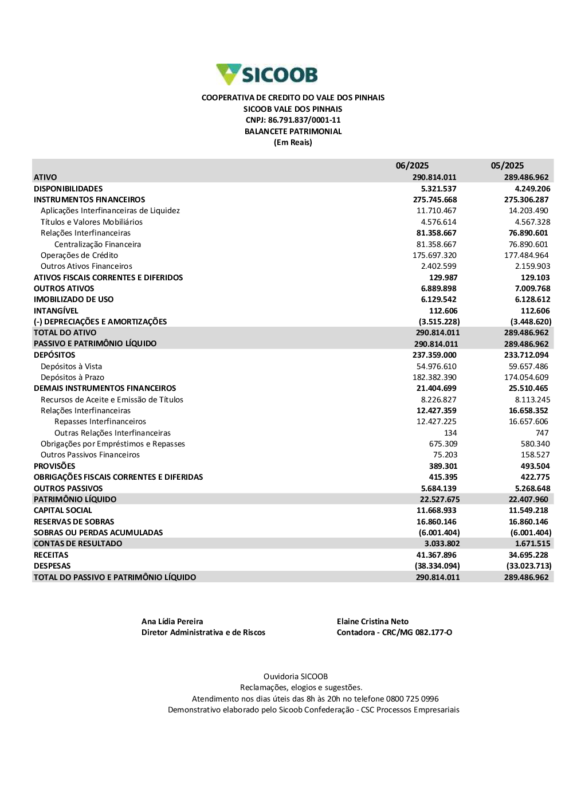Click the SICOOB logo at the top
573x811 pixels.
[x=267, y=75]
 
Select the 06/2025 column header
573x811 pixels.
[x=412, y=166]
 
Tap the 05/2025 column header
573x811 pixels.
[x=507, y=166]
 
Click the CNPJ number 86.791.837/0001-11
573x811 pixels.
[x=304, y=120]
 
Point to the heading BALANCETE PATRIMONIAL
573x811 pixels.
[x=293, y=131]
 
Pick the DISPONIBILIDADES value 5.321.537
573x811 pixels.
[x=438, y=189]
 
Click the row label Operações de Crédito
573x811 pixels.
[x=79, y=255]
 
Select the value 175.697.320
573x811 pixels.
[x=434, y=255]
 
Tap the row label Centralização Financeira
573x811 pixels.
[x=97, y=244]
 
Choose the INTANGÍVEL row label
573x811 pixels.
[x=56, y=311]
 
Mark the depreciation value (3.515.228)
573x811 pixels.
[x=439, y=322]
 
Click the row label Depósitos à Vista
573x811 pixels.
[x=71, y=366]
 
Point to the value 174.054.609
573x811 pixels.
[x=526, y=377]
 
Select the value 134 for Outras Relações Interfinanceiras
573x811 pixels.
[x=450, y=433]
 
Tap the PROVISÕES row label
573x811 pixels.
[x=54, y=466]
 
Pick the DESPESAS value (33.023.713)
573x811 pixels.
[x=528, y=566]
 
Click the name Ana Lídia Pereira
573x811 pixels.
[x=172, y=621]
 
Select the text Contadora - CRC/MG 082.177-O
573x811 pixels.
[x=394, y=632]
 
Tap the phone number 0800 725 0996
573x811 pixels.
[x=412, y=699]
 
